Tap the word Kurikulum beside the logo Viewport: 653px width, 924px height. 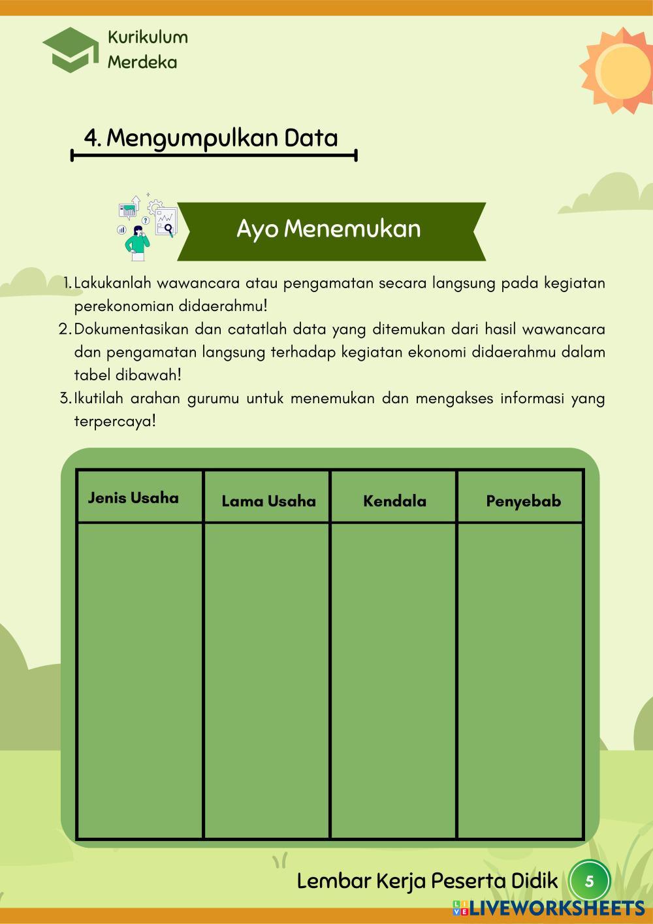(x=148, y=37)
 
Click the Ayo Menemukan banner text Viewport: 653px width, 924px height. (x=328, y=229)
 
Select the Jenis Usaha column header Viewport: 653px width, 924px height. (x=133, y=498)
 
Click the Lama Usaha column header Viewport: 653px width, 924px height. (x=268, y=501)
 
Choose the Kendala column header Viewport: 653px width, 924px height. (x=394, y=501)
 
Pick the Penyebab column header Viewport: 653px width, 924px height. (x=523, y=501)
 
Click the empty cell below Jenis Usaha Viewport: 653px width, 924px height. (x=140, y=680)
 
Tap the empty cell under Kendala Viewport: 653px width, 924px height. (x=393, y=680)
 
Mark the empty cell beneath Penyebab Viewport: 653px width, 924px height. (x=520, y=680)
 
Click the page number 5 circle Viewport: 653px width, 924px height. (x=589, y=882)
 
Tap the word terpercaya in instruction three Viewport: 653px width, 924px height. (x=115, y=421)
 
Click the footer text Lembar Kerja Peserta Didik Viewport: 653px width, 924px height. (x=427, y=882)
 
